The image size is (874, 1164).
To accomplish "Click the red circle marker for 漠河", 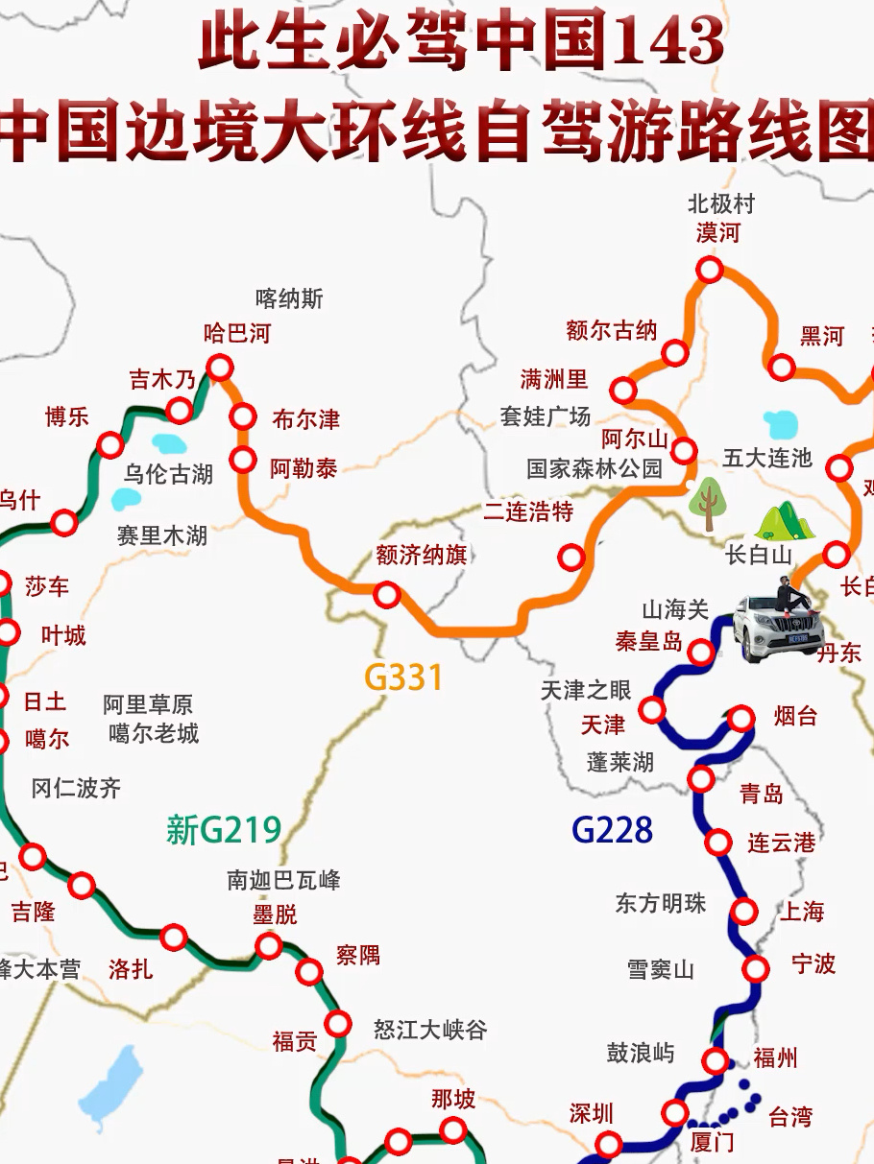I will coord(710,270).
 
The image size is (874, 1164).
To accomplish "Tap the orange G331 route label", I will coord(404,677).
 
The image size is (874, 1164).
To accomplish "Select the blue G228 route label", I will coord(612,829).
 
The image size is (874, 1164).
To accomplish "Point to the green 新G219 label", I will coord(224,829).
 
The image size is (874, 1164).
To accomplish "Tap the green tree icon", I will coord(708,502).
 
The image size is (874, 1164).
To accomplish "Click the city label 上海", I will coord(801,911).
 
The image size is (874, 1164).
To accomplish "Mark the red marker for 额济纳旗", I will coord(387,595).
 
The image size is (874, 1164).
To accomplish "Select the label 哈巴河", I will coord(237,333).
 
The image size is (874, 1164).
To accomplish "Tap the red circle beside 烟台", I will coord(741,718).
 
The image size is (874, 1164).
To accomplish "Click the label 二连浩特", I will coord(528,511).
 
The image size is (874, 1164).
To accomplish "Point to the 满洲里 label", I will coord(554,378).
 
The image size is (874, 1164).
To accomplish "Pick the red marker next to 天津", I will coord(653,710).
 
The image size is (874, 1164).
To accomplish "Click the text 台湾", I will coord(790,1116).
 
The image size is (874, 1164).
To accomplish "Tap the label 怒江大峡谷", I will coord(430,1030).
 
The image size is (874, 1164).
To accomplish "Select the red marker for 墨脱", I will coord(269,947).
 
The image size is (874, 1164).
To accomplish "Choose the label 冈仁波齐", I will coord(76,789).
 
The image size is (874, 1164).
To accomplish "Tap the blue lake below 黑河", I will coord(781,423).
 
